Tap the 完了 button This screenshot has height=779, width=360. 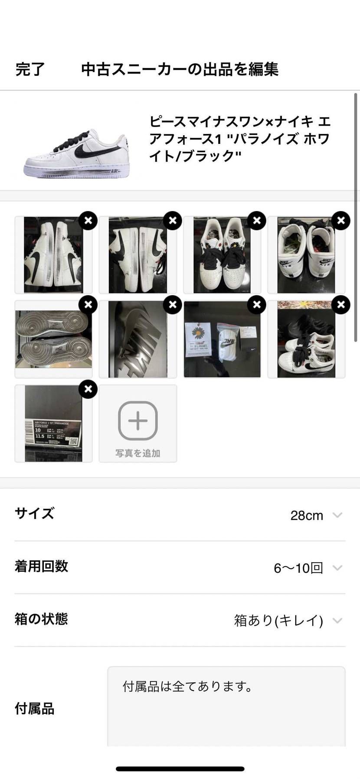(30, 69)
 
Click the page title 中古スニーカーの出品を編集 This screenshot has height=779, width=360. (180, 69)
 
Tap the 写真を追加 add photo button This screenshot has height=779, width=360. (137, 424)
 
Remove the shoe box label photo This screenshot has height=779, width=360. (88, 389)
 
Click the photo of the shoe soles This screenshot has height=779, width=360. (53, 339)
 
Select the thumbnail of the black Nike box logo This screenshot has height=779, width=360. (137, 339)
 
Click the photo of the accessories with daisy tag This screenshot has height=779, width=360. (222, 339)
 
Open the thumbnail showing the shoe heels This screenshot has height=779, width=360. (306, 255)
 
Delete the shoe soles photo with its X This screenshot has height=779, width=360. (88, 305)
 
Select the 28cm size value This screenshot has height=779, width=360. (307, 515)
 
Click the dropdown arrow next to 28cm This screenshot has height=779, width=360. (337, 515)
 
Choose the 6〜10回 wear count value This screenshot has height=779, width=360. (298, 568)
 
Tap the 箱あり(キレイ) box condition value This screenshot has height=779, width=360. (278, 620)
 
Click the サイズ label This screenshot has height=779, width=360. (35, 513)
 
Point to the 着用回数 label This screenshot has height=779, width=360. (41, 566)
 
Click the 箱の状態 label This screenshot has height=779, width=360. (41, 619)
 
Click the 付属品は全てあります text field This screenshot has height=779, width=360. (226, 707)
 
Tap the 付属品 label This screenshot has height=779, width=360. (35, 709)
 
